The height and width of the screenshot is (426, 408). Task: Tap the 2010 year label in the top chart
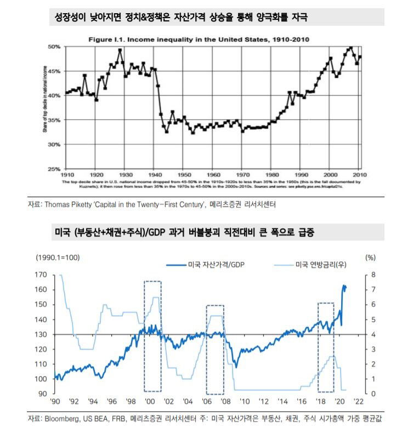click(x=359, y=173)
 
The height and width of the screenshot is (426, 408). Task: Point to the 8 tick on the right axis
click(x=373, y=274)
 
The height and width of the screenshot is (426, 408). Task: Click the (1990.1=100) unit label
click(x=59, y=257)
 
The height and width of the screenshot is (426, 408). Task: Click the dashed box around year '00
click(x=152, y=336)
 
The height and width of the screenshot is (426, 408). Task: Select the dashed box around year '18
click(x=326, y=347)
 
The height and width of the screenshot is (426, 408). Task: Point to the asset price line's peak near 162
click(x=344, y=285)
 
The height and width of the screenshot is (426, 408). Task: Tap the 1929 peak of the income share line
click(x=120, y=50)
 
